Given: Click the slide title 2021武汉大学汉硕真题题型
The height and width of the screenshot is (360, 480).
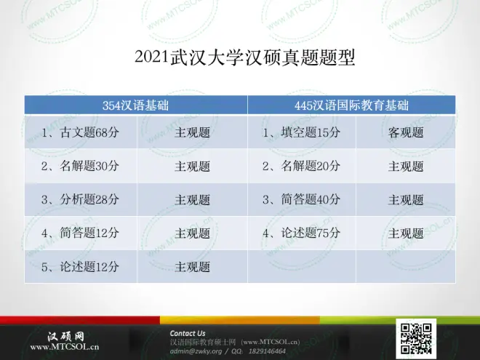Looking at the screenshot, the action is tap(244, 57).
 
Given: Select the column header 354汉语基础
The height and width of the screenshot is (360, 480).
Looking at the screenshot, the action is tap(135, 105).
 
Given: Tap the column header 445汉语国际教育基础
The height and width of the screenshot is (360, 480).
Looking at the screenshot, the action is tap(351, 105).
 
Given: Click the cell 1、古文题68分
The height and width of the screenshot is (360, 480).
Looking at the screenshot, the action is tap(80, 132).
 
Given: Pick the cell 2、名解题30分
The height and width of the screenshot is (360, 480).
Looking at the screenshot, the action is tap(80, 166).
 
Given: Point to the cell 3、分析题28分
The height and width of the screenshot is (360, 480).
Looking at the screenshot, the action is tap(80, 199).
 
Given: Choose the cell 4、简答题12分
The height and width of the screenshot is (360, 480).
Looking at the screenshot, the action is tap(80, 233).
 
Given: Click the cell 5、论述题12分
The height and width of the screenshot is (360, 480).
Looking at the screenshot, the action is tap(80, 267).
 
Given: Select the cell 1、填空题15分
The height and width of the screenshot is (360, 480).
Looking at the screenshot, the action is tap(302, 132).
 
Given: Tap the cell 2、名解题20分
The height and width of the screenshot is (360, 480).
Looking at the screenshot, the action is tap(302, 166).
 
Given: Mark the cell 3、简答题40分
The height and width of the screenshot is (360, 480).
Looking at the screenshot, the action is tap(302, 199).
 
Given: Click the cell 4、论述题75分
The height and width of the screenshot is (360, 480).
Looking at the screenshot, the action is tap(302, 233).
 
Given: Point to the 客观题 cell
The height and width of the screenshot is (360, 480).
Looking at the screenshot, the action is tap(406, 132).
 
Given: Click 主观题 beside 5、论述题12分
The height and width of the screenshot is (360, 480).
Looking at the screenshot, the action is tap(193, 267).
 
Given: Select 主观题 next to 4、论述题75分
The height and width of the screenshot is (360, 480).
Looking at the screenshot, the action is tap(406, 233).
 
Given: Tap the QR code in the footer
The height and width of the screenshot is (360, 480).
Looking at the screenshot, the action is tap(416, 339).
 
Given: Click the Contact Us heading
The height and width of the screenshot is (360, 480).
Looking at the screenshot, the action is tap(188, 333).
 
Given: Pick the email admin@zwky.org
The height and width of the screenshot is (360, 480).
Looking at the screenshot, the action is tap(196, 351).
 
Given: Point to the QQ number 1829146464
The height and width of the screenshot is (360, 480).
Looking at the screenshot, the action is tap(267, 351).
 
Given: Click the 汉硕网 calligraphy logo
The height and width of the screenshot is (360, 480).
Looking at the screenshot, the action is tap(65, 337).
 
